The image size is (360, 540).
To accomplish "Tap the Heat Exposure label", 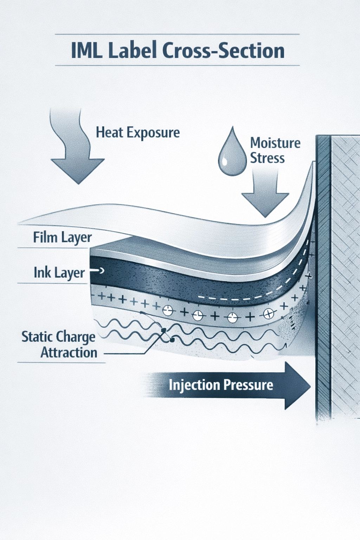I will click(137, 133).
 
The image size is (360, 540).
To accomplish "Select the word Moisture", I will click(275, 143).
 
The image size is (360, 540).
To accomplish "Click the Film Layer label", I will click(62, 237).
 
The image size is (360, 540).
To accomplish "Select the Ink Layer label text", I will click(59, 272).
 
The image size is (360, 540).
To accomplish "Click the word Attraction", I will click(69, 352).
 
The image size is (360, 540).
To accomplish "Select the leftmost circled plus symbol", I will click(168, 310).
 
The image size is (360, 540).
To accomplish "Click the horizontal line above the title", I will click(177, 34).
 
